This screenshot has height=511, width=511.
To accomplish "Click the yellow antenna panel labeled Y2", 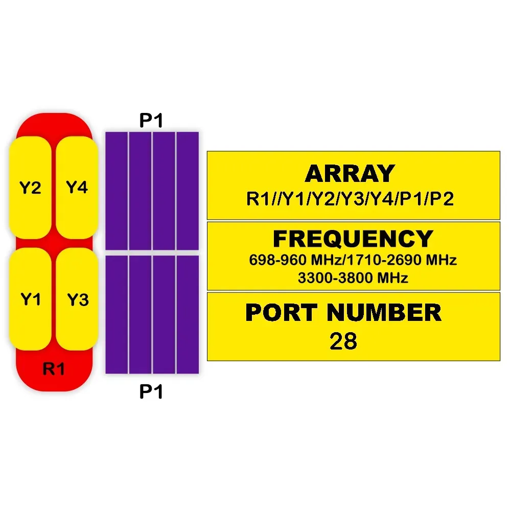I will point(30,188).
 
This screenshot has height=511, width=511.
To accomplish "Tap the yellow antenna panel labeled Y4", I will point(77,188).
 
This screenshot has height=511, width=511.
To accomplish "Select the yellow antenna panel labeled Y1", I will point(30,299).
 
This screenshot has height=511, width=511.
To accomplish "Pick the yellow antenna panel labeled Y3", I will point(77,299).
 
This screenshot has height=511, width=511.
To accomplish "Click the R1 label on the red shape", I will point(54,369).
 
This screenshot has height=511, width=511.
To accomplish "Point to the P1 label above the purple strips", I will point(151,121).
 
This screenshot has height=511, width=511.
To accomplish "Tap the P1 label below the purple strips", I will point(151,392).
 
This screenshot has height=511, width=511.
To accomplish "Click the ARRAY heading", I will point(350,174).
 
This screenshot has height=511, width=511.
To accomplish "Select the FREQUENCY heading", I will point(353,239).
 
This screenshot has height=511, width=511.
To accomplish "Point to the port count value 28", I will point(343,341).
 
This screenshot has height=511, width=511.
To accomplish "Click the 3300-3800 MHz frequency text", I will point(353,278).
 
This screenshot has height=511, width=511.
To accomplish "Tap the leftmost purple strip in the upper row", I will point(116,191).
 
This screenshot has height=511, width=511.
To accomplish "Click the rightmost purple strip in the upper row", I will point(188,191).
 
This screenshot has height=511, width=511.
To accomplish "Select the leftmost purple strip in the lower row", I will point(116,314).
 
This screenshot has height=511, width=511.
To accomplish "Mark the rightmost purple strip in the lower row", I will point(188,314).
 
